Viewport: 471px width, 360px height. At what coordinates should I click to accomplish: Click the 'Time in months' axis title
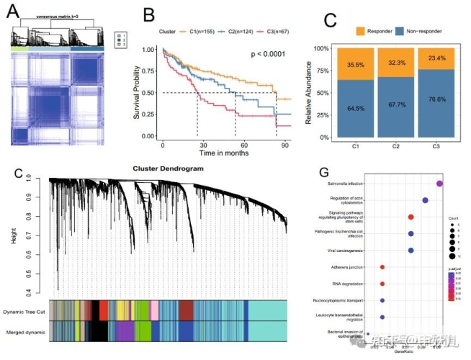point(224,153)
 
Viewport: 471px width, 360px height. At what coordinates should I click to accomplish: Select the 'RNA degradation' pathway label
point(351,284)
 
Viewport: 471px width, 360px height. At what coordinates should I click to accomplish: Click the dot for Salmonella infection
point(439,185)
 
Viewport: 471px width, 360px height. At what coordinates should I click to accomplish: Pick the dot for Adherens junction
point(382,267)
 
